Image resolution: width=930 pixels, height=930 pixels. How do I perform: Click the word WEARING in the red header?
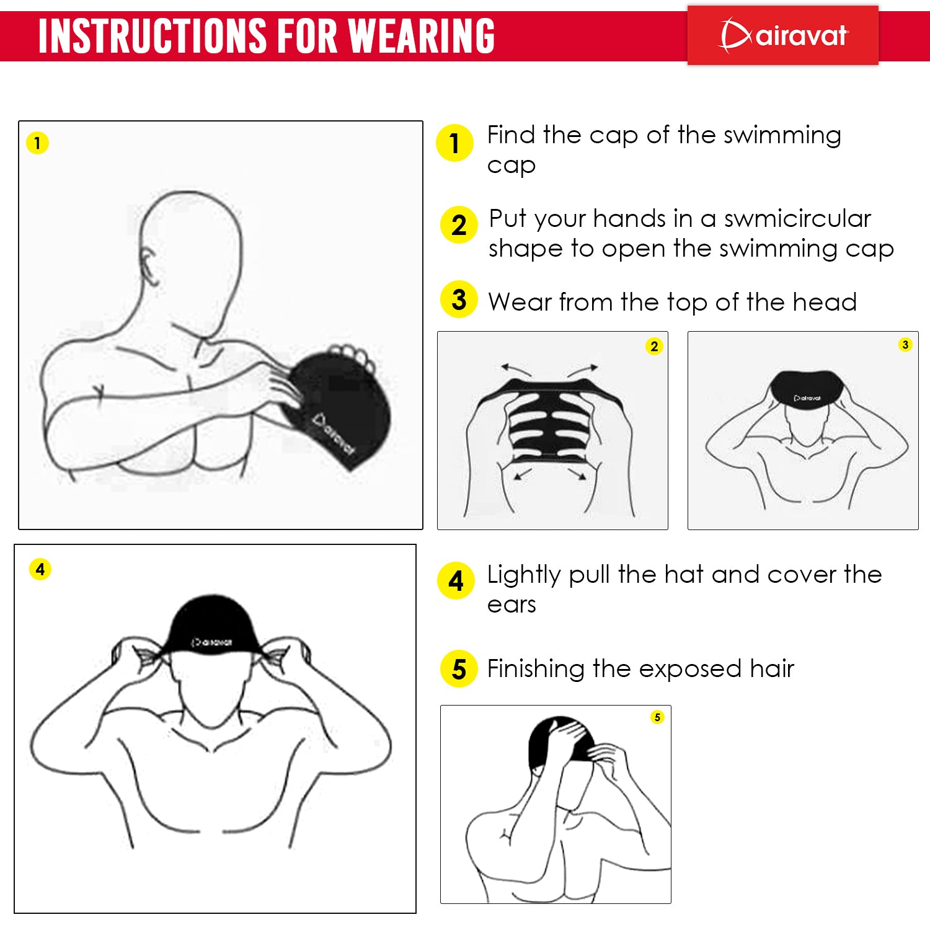click(421, 36)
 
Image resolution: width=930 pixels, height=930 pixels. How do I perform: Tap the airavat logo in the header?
click(783, 35)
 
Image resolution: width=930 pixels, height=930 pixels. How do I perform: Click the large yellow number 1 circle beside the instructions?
click(454, 143)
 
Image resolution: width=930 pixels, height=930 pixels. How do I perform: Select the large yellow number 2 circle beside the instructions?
click(459, 224)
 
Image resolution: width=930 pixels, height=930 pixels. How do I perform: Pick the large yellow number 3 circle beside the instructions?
click(459, 299)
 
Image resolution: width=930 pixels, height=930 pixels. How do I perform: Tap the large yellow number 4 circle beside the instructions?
click(456, 581)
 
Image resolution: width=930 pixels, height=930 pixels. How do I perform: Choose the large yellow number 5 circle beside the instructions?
click(459, 668)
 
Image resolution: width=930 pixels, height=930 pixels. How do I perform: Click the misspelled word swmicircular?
click(797, 218)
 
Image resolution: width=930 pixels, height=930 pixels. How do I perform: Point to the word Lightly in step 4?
click(524, 575)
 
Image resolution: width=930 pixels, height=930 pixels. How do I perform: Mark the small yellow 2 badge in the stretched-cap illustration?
click(654, 346)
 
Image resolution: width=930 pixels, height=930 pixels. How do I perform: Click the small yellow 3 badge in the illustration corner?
click(905, 345)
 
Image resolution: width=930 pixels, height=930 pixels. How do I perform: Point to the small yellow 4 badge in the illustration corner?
click(40, 569)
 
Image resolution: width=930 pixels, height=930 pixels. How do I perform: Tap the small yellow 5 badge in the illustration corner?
click(657, 717)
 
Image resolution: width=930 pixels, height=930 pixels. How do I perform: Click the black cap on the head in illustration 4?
click(211, 626)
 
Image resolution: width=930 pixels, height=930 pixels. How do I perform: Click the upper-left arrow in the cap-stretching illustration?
click(516, 370)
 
